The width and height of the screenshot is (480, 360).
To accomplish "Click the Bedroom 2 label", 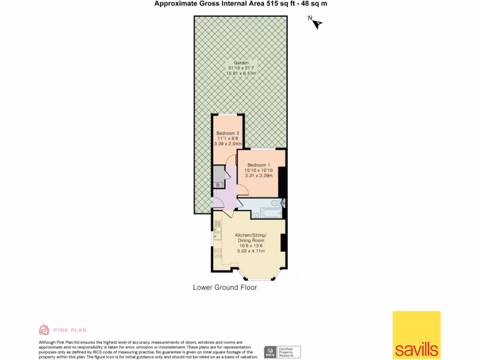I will [x=228, y=133].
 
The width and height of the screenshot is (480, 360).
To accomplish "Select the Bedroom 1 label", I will [x=259, y=165].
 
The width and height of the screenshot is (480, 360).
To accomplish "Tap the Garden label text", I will [x=241, y=62].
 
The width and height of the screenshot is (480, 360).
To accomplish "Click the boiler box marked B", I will [x=218, y=185].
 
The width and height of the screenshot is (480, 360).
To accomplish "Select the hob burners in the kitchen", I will [x=217, y=253].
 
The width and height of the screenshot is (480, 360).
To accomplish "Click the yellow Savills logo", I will [x=416, y=335].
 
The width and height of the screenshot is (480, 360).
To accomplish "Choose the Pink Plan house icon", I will [x=44, y=330].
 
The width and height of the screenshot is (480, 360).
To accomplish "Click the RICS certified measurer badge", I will [x=282, y=352].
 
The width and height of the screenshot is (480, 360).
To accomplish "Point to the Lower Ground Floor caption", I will [x=225, y=287].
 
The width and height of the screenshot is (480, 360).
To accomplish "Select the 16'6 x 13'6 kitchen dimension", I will [x=251, y=246].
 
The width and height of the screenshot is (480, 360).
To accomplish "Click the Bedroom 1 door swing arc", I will [x=242, y=190].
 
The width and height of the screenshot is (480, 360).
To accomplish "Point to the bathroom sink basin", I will [x=255, y=215].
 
